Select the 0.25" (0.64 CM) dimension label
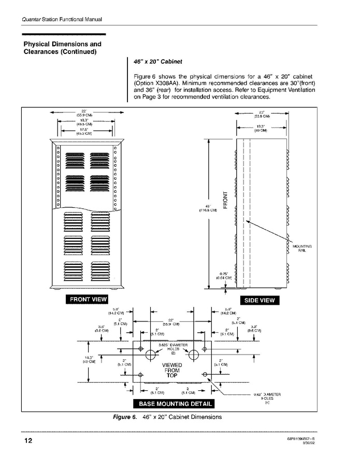pyautogui.click(x=224, y=276)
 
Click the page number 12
pyautogui.click(x=27, y=442)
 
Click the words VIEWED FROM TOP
pyautogui.click(x=171, y=371)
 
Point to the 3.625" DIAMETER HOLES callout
pyautogui.click(x=171, y=348)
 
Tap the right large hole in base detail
pyautogui.click(x=194, y=356)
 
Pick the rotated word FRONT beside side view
pyautogui.click(x=225, y=200)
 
